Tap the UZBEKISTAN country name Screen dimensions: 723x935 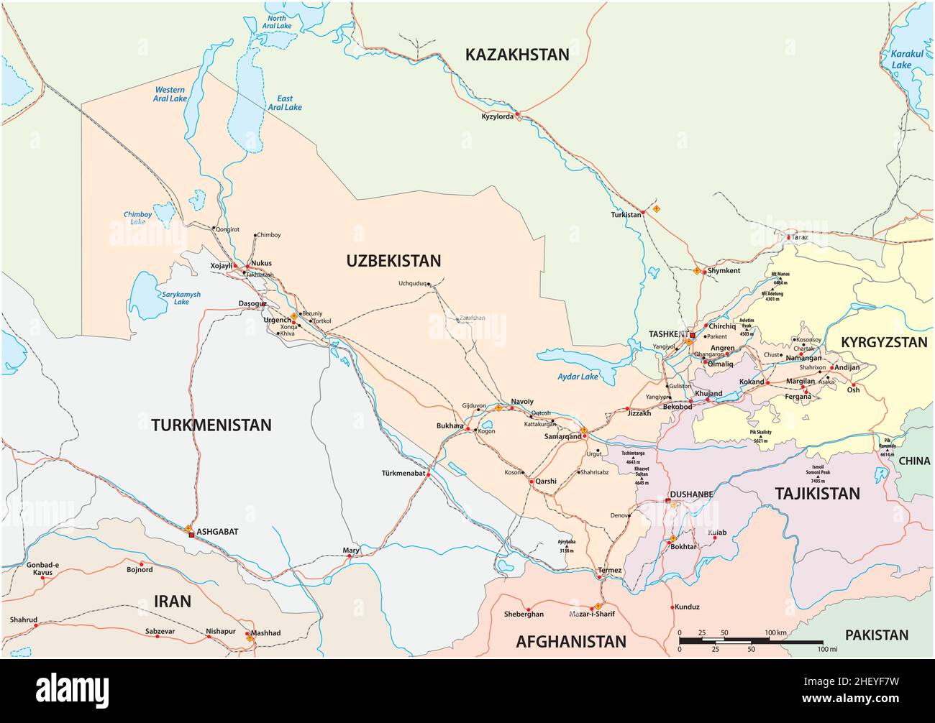tap(393, 260)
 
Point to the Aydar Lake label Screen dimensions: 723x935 tap(578, 377)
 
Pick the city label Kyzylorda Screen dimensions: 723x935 tap(498, 116)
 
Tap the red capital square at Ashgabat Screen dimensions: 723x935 tap(191, 535)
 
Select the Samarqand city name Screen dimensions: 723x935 tap(562, 436)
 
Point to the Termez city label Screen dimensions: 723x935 tap(609, 570)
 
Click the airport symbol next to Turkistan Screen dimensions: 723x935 tap(655, 210)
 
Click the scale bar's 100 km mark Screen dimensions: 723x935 tap(776, 632)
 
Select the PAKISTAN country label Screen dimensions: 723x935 tap(876, 635)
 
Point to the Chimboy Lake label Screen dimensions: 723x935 tap(137, 218)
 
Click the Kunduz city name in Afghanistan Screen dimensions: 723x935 tap(687, 607)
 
